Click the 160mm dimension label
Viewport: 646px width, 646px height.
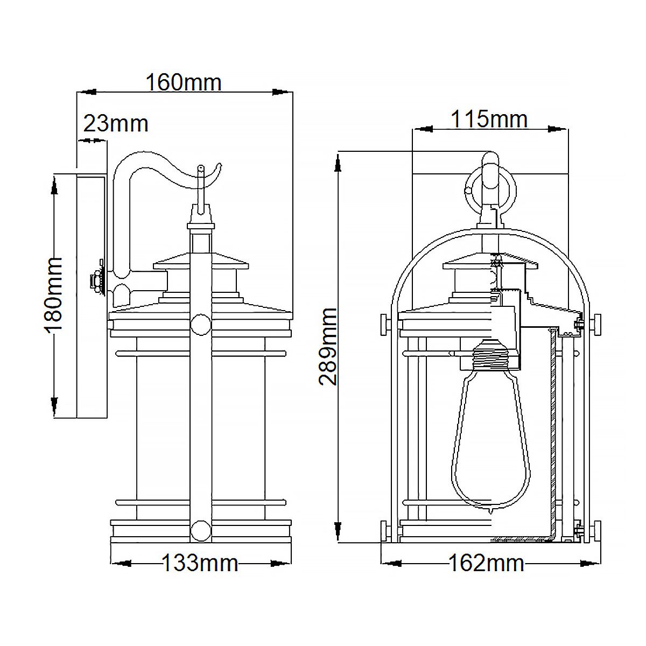(x=184, y=82)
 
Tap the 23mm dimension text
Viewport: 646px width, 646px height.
(x=116, y=124)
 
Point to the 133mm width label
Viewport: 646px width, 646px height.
(x=200, y=563)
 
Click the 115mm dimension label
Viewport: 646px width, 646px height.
(x=489, y=119)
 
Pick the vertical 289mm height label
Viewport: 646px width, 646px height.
(x=328, y=346)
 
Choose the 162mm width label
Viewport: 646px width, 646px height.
(x=486, y=563)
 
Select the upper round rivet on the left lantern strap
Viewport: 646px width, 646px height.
(x=201, y=325)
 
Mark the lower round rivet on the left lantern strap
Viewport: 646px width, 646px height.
(x=201, y=530)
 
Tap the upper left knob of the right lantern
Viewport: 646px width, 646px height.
(x=384, y=325)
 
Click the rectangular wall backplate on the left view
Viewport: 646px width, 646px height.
(x=92, y=296)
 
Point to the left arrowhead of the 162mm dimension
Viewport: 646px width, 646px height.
(x=392, y=564)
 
